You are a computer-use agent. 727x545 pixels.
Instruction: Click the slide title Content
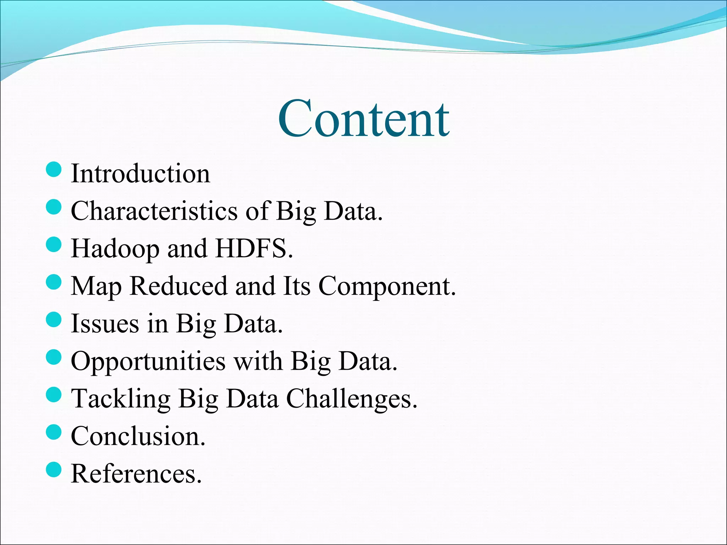(x=363, y=119)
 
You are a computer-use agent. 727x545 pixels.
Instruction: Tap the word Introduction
(x=140, y=174)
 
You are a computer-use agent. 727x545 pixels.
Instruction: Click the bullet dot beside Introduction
(x=54, y=169)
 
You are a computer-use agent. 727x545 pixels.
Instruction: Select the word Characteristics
(x=154, y=211)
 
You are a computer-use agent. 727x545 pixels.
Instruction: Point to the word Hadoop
(x=115, y=249)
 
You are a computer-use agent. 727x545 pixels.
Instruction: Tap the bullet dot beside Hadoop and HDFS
(x=54, y=244)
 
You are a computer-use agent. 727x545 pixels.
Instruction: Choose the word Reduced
(x=179, y=286)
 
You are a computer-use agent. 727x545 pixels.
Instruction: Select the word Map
(x=96, y=287)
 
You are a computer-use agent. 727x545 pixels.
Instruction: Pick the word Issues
(x=105, y=324)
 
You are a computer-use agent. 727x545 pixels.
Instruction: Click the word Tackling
(x=121, y=399)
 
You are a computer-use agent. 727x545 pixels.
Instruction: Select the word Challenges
(x=351, y=399)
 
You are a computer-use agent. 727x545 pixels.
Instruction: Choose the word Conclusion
(x=138, y=436)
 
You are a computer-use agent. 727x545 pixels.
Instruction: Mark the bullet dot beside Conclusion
(x=54, y=432)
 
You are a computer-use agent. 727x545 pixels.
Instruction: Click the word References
(x=136, y=474)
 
